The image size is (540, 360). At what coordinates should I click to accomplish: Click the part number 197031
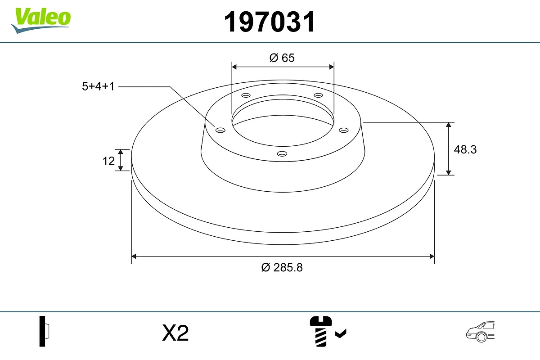coord(270,22)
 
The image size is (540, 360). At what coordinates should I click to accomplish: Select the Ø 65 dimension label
coord(282,58)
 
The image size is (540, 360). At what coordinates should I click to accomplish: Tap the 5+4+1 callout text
coord(98,86)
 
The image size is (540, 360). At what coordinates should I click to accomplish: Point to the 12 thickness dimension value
coord(108,161)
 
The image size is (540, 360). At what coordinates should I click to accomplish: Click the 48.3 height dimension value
coord(465,149)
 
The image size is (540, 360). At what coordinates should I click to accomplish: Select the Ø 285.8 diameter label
coord(282,267)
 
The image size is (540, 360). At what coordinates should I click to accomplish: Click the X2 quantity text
coord(175,333)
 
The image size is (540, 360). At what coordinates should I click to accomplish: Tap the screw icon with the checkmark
coord(327,331)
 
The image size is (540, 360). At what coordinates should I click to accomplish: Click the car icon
coord(480,332)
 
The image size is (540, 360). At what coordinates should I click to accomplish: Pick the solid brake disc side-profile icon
coord(45,331)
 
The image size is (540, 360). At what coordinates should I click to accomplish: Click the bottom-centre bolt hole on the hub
coord(282,154)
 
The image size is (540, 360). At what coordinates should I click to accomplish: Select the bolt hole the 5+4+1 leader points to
coord(220,130)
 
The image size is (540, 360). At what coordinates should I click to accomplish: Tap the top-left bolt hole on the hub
coord(246,95)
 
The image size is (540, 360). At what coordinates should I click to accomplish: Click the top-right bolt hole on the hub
coord(319,95)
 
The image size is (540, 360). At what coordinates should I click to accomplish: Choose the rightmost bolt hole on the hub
coord(344,130)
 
